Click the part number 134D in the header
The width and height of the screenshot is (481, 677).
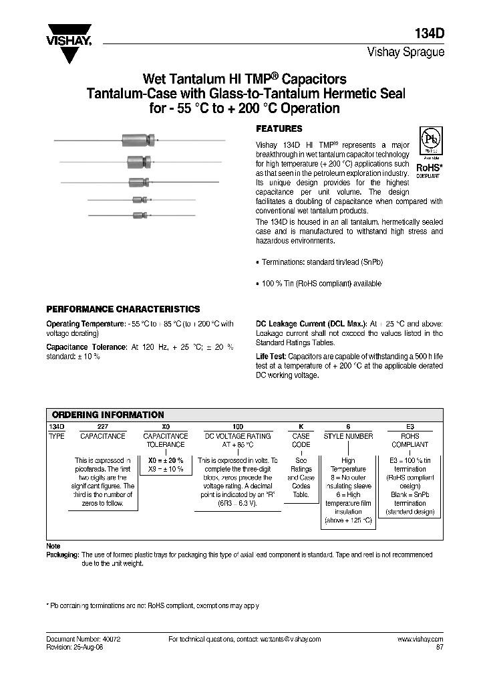click(x=430, y=34)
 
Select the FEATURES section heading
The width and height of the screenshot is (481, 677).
click(x=279, y=128)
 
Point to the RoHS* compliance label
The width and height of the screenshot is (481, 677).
click(x=429, y=167)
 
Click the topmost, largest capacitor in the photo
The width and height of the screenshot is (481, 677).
click(x=138, y=140)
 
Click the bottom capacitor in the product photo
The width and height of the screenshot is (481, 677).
click(x=139, y=215)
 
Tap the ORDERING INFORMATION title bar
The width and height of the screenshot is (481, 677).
click(x=108, y=415)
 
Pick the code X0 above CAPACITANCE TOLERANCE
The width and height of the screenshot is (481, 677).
click(x=166, y=426)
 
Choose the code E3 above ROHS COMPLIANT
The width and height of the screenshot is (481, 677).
click(x=410, y=426)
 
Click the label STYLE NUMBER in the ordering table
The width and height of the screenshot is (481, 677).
click(x=348, y=436)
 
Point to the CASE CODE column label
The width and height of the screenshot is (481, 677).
click(x=301, y=440)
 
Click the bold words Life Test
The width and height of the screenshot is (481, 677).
click(x=271, y=357)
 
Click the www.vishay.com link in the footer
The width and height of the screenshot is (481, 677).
click(x=420, y=639)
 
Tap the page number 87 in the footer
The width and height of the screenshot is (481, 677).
click(x=439, y=647)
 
